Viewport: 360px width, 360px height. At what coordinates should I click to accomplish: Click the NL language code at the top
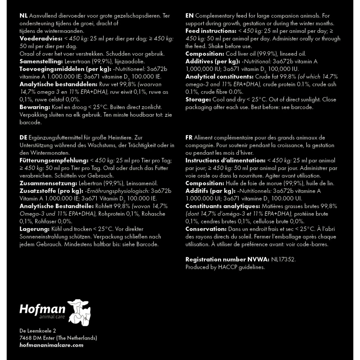tap(24, 16)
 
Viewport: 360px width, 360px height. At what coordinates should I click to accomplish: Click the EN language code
tap(189, 16)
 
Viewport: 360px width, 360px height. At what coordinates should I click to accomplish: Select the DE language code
tap(24, 137)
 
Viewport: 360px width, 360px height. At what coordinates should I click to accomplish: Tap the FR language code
tap(189, 137)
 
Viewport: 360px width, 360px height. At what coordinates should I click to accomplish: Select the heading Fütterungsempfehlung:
tap(53, 160)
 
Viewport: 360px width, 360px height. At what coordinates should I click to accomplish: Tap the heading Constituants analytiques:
tap(223, 206)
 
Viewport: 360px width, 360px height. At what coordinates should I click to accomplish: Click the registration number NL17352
tap(284, 259)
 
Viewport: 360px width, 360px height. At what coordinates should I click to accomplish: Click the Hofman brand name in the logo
tap(42, 309)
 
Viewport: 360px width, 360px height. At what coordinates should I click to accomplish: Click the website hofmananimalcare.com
tap(51, 345)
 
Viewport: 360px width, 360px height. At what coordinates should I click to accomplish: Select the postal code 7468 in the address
tap(26, 338)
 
